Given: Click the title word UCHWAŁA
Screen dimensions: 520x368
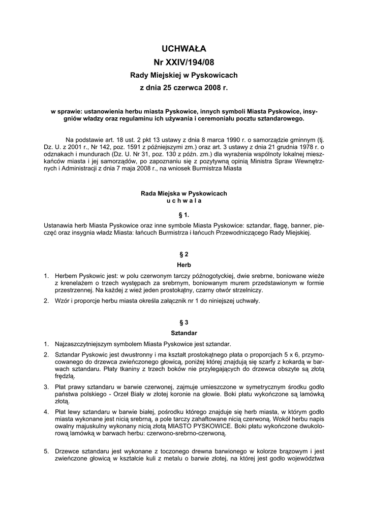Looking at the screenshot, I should (184, 49).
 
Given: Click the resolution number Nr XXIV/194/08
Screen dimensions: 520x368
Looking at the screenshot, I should (184, 62).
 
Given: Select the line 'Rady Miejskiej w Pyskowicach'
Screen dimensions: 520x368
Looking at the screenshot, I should (184, 75).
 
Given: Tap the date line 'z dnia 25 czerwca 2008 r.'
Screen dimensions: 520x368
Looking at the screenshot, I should (184, 88).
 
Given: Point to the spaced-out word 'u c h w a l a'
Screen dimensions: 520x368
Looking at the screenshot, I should (184, 201).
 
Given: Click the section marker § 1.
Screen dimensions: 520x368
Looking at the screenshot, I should (184, 215).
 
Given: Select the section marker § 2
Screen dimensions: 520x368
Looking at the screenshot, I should (184, 253).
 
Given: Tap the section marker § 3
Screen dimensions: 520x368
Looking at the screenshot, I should (184, 322).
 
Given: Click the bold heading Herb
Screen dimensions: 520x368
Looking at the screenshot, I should (184, 264).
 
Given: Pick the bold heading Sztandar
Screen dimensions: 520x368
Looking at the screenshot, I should (184, 333).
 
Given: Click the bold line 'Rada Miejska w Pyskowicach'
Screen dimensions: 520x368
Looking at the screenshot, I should (184, 193).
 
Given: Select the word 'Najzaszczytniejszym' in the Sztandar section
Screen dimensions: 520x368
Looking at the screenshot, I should (87, 344).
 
